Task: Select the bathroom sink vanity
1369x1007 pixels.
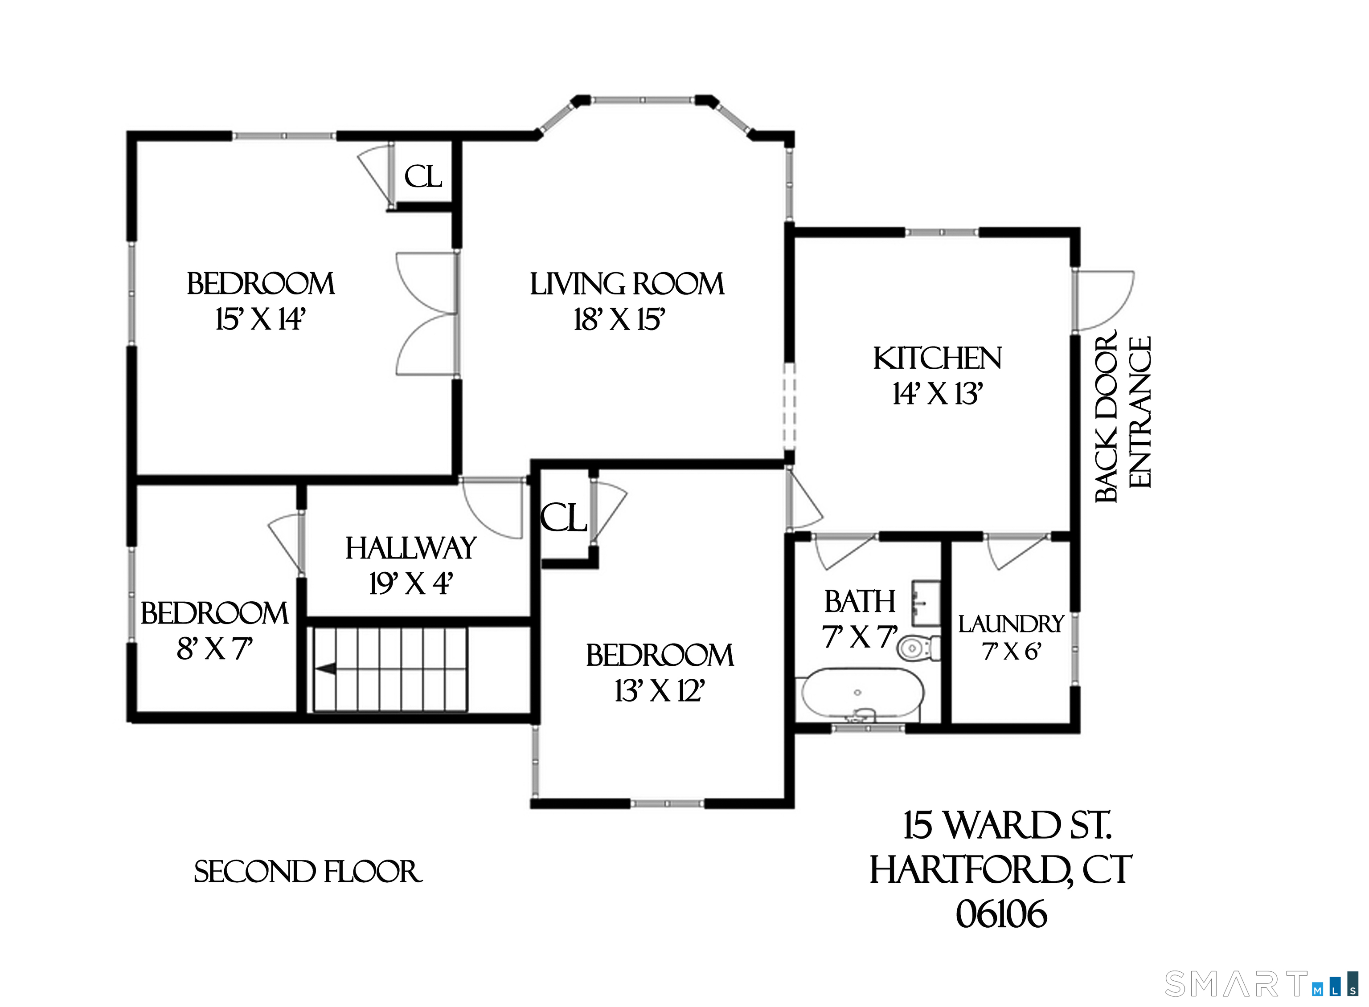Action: click(925, 603)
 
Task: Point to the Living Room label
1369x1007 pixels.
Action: click(627, 284)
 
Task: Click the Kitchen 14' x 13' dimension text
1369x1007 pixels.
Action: click(937, 394)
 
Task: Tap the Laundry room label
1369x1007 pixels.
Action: click(1010, 624)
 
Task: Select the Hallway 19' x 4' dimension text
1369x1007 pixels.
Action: click(410, 584)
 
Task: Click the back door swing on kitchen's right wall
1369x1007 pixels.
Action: click(1104, 301)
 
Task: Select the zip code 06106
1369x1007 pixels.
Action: click(1001, 914)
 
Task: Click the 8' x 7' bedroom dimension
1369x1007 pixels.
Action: click(214, 649)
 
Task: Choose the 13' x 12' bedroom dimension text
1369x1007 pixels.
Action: click(660, 691)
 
